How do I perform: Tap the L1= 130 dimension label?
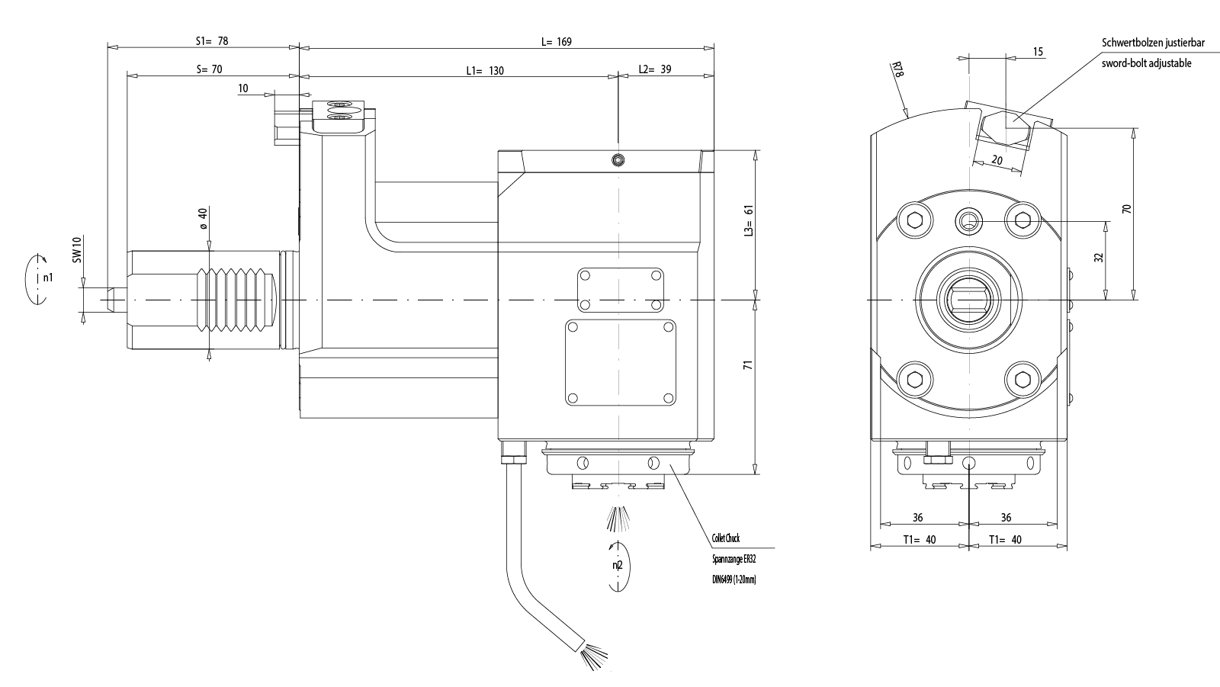click(485, 71)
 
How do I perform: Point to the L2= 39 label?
click(655, 69)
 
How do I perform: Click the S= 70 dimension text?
click(209, 69)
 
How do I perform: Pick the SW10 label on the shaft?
click(76, 250)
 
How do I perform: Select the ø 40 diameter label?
click(203, 218)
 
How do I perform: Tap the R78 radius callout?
click(897, 71)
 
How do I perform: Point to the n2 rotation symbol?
click(618, 566)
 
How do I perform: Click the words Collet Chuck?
click(725, 539)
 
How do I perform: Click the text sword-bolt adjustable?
click(1146, 63)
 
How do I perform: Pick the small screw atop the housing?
click(618, 159)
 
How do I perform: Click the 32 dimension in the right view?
click(1099, 258)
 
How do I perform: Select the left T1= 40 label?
click(920, 540)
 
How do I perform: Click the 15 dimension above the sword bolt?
click(1038, 52)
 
